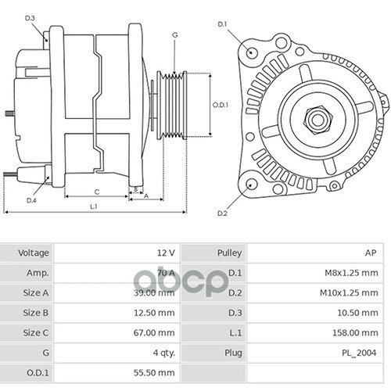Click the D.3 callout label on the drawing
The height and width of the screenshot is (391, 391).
point(30,16)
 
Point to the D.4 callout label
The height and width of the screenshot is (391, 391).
point(32,201)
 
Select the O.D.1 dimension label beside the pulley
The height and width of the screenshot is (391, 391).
point(221,104)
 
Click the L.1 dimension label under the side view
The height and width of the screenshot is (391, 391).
point(93,206)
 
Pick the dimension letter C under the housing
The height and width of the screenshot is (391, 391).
point(96,192)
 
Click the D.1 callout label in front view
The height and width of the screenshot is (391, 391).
point(223,23)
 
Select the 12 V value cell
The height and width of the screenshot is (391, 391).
point(165,253)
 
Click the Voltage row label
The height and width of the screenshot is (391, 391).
point(34,253)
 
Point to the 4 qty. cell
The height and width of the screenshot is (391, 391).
point(163,353)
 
